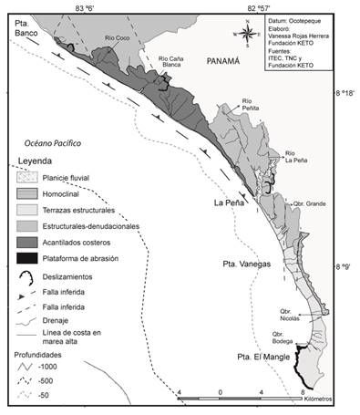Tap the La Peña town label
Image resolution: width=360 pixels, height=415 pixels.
click(231, 202)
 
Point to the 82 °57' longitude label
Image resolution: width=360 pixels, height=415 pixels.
click(266, 7)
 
